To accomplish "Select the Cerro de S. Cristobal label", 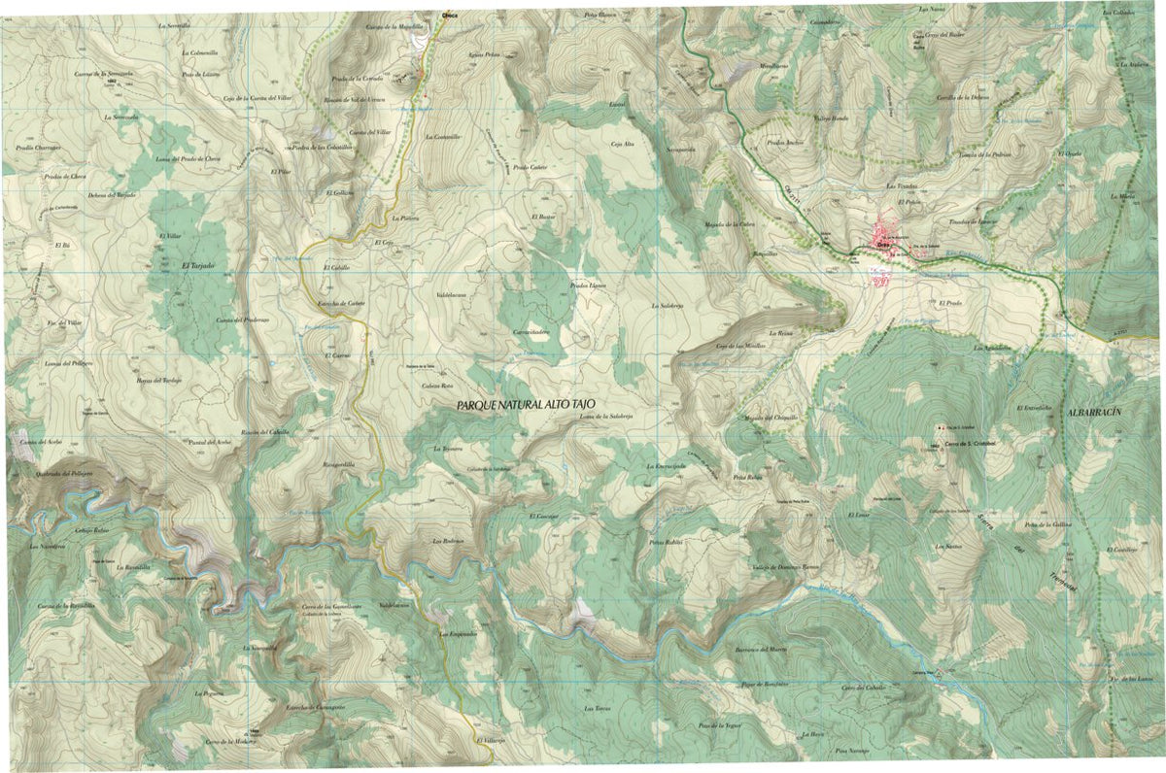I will pyautogui.click(x=967, y=447).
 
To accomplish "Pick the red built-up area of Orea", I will pyautogui.click(x=885, y=234).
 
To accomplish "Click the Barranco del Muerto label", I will pyautogui.click(x=759, y=649).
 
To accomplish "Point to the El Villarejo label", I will pyautogui.click(x=491, y=740).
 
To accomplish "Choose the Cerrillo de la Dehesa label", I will pyautogui.click(x=962, y=97).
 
